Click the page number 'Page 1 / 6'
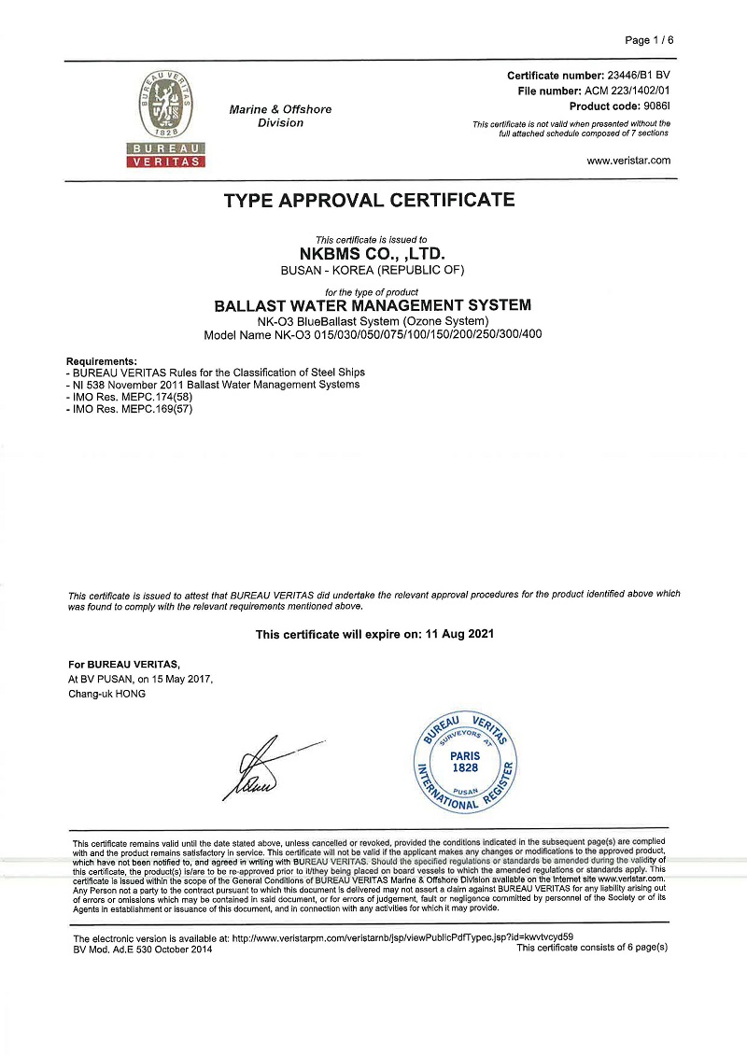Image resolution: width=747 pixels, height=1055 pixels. pos(649,40)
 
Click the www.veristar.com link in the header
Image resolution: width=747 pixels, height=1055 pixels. pos(628,161)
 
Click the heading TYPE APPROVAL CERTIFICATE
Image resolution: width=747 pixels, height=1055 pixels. pos(370,200)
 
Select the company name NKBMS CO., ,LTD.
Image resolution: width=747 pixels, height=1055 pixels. pos(372,253)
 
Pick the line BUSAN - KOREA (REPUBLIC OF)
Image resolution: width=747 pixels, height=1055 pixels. pos(372,270)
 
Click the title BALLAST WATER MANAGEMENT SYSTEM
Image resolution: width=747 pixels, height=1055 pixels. pos(373,305)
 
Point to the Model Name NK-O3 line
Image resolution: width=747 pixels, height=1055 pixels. pos(373,334)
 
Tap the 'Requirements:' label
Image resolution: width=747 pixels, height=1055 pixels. pos(102,361)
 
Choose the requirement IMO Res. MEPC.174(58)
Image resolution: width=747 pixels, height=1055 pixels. pos(133,397)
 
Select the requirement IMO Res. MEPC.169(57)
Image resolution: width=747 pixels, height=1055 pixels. pos(133,409)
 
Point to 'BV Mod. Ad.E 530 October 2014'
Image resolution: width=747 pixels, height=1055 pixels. pos(143,949)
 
